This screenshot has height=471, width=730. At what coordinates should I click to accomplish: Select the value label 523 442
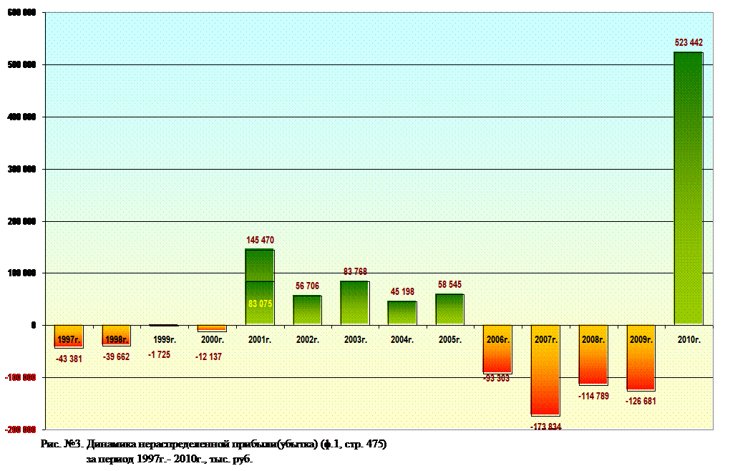click(688, 43)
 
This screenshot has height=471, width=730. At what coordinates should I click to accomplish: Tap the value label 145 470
click(260, 240)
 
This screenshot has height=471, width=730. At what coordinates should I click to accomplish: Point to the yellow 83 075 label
click(260, 304)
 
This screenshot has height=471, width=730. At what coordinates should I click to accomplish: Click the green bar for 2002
click(307, 309)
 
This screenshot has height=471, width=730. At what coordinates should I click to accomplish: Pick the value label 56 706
click(307, 286)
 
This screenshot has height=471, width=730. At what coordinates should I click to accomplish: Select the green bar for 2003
click(354, 302)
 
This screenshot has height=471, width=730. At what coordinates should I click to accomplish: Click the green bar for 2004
click(402, 312)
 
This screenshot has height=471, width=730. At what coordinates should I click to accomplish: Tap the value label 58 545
click(449, 285)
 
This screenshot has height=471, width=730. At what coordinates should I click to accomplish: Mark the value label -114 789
click(593, 396)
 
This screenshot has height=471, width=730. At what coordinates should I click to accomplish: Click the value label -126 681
click(641, 401)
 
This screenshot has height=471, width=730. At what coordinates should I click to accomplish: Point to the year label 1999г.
click(164, 340)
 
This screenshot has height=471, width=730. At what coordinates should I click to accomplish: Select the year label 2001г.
click(259, 340)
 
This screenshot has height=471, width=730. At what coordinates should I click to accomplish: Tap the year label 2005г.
click(449, 340)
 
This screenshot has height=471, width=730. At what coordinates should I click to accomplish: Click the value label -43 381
click(68, 359)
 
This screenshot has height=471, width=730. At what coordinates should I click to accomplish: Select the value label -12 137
click(211, 356)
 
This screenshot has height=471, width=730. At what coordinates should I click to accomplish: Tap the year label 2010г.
click(688, 340)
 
